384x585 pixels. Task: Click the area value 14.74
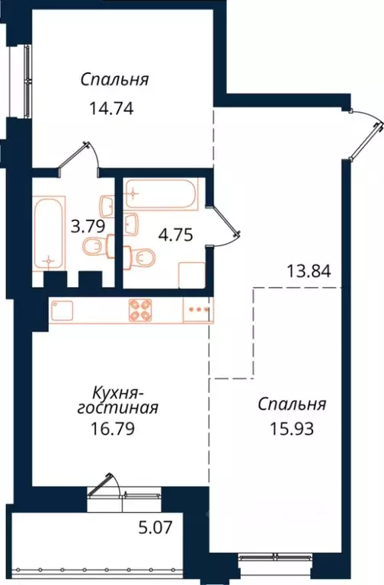tap(112, 107)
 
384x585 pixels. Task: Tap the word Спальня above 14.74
tap(114, 80)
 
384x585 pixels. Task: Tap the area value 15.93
tap(293, 427)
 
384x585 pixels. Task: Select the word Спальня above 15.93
tap(292, 404)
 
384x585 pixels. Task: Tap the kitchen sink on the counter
tap(62, 309)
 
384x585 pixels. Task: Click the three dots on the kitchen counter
tap(197, 310)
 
